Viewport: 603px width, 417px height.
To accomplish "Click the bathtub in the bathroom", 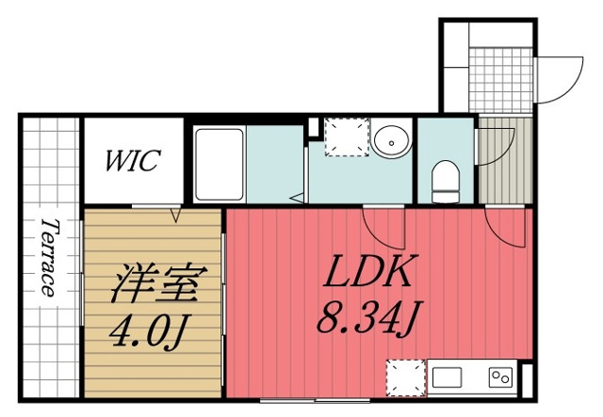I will coord(219,165).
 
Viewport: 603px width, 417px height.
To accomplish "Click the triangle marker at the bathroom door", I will coord(298,198).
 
